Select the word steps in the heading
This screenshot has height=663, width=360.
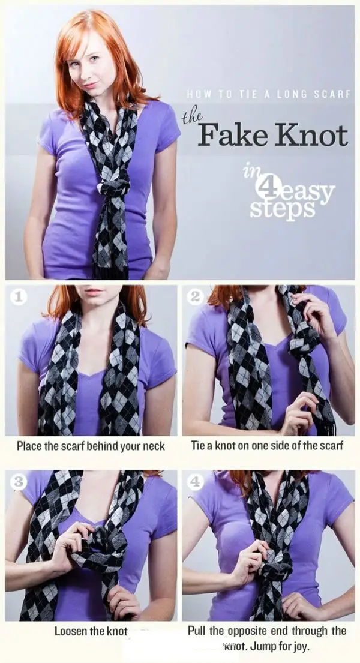coord(282,208)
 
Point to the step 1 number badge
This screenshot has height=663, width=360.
coord(18,297)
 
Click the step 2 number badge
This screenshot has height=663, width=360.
coord(195,297)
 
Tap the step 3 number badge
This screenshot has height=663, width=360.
coord(19,481)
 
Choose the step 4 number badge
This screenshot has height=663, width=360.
coord(196,481)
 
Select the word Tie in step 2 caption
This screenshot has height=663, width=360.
coord(198,446)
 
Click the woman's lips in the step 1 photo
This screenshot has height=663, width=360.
coord(94,291)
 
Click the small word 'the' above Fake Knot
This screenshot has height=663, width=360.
coord(191,117)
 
